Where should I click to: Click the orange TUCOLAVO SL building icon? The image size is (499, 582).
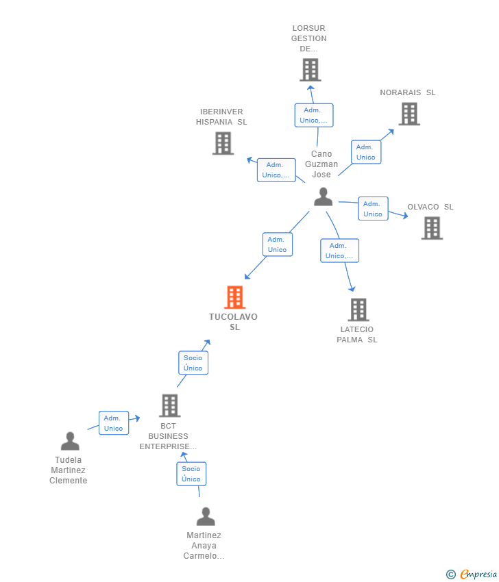tap(234, 297)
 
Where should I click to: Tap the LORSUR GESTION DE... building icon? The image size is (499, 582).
tap(310, 70)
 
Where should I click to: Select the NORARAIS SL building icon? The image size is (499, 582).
tap(409, 114)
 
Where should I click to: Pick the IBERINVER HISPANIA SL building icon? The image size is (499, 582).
tap(223, 143)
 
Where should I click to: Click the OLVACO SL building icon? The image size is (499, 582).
tap(432, 228)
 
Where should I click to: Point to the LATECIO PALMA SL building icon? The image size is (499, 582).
tap(358, 309)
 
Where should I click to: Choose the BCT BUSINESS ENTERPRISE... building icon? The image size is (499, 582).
tap(169, 405)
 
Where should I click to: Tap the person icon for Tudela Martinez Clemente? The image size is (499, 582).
tap(70, 441)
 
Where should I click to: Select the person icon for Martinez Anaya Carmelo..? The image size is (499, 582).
tap(206, 516)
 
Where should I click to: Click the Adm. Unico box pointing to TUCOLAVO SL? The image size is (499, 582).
tap(277, 244)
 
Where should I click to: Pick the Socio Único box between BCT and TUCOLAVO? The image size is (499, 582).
tap(193, 363)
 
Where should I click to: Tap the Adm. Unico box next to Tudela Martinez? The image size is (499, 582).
tap(113, 423)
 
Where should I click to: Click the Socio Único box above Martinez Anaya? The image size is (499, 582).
tap(191, 474)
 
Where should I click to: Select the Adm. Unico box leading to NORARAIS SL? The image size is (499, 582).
tap(365, 152)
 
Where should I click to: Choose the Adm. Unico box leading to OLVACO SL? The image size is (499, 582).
tap(373, 209)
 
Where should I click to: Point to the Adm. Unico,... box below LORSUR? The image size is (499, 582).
tap(313, 115)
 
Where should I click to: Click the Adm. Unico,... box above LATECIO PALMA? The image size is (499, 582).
tap(339, 251)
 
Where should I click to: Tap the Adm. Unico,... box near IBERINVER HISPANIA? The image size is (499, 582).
tap(276, 170)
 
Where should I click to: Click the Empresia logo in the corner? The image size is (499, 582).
tap(472, 574)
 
